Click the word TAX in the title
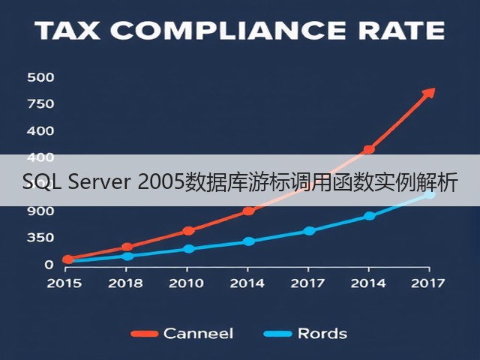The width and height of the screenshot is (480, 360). pyautogui.click(x=68, y=31)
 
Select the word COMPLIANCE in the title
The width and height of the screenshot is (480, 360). pyautogui.click(x=228, y=31)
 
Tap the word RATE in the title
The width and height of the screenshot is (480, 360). pyautogui.click(x=402, y=31)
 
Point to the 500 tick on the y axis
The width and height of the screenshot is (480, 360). pyautogui.click(x=40, y=77)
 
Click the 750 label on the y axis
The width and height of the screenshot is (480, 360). pyautogui.click(x=40, y=104)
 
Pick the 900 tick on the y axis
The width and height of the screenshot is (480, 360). pyautogui.click(x=40, y=211)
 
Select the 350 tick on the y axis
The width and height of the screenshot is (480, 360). pyautogui.click(x=40, y=238)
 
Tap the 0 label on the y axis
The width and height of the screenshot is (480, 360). pyautogui.click(x=49, y=265)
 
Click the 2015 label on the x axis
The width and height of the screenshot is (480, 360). pyautogui.click(x=64, y=283)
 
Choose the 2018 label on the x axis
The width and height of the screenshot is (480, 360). pyautogui.click(x=125, y=283)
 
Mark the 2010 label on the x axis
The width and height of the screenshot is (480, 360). pyautogui.click(x=187, y=283)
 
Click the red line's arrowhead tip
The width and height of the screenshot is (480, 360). pyautogui.click(x=435, y=88)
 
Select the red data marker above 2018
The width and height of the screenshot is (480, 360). pyautogui.click(x=127, y=247)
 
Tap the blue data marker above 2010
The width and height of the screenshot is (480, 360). pyautogui.click(x=189, y=248)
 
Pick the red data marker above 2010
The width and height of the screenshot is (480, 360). pyautogui.click(x=188, y=231)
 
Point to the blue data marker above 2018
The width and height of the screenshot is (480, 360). pyautogui.click(x=127, y=256)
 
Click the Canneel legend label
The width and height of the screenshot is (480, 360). pyautogui.click(x=198, y=333)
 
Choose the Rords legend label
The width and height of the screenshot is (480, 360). pyautogui.click(x=322, y=333)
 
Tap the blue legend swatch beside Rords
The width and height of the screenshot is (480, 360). pyautogui.click(x=278, y=334)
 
